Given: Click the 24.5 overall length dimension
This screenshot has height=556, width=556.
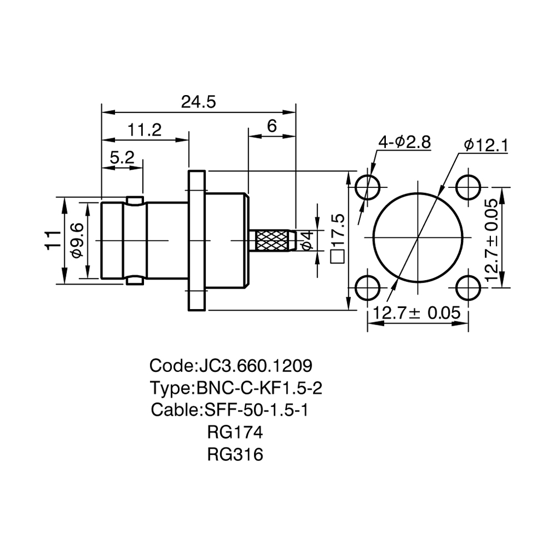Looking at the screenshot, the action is tap(198, 102).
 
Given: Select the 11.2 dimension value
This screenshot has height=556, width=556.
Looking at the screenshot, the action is tap(145, 130).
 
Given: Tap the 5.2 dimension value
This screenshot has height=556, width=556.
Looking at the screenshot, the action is tap(122, 157).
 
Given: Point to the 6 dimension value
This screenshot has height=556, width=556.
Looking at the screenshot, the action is tap(272, 126).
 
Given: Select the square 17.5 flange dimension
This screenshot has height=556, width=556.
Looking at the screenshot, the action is tap(337, 239).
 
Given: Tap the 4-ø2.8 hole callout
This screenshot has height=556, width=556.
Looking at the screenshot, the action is tap(405, 142).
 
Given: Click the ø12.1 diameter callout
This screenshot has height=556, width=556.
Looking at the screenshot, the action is tap(486, 145).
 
